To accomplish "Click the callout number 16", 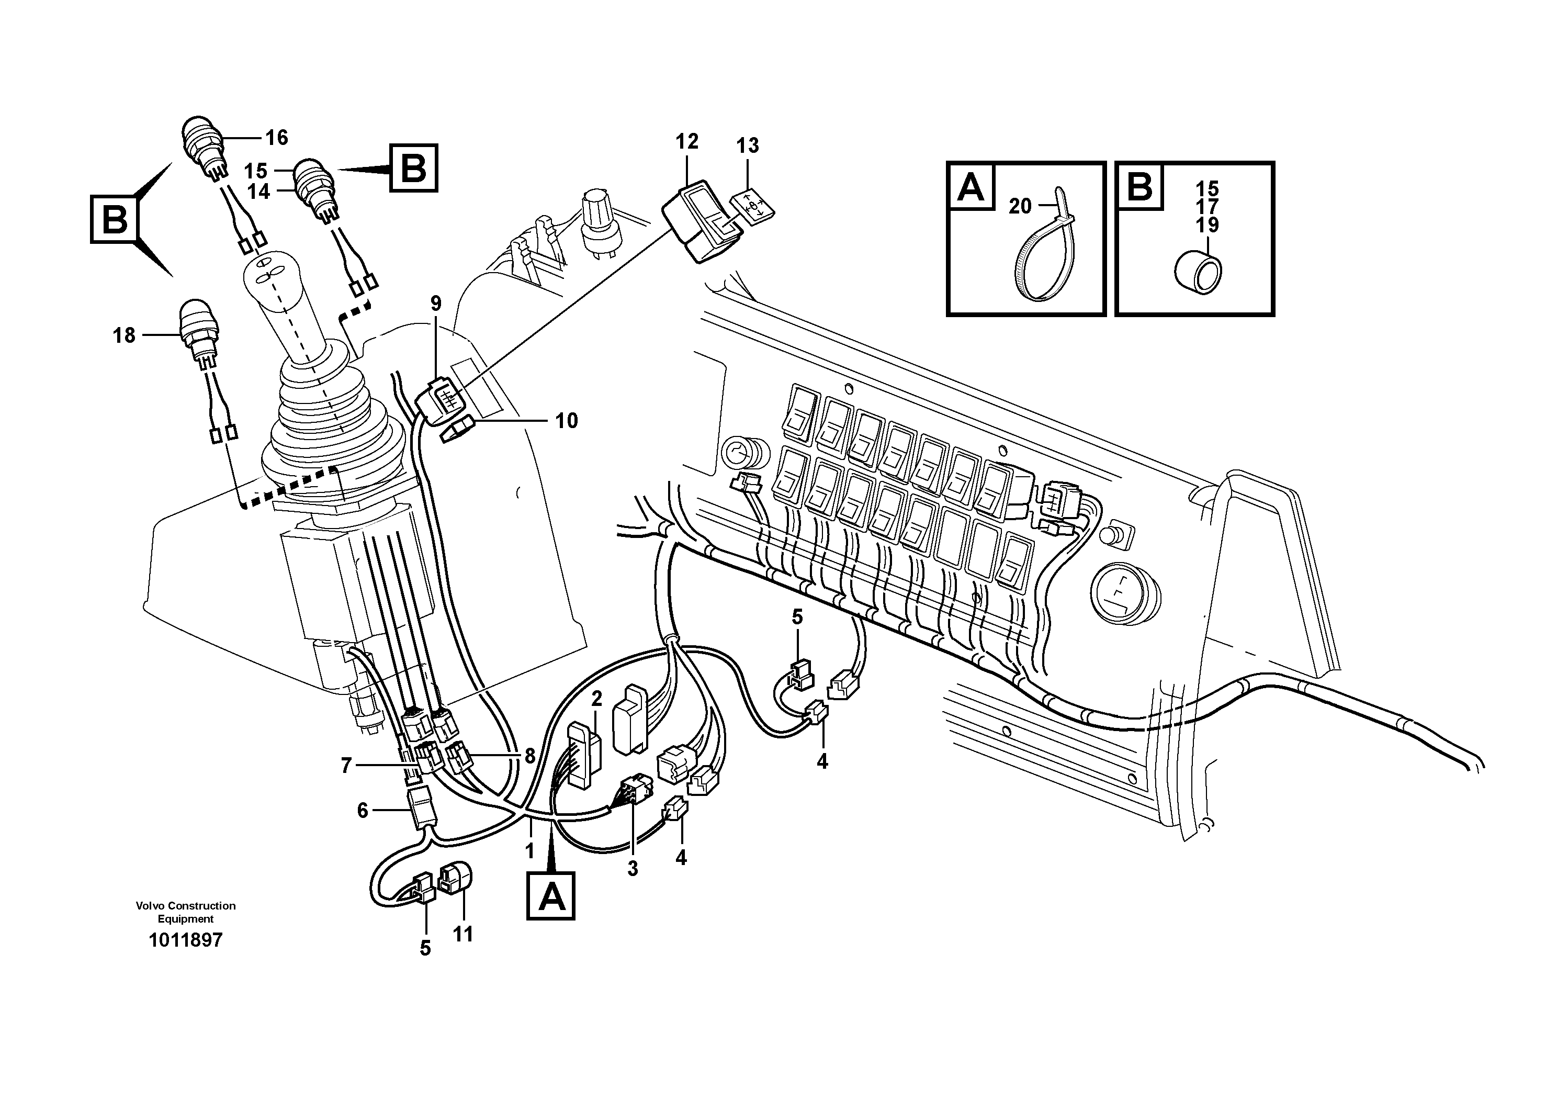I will point(276,138).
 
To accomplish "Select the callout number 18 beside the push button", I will point(124,335).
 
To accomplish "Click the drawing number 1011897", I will point(185,940).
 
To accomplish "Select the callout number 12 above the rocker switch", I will point(686,142).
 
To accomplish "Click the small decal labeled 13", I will point(753,204).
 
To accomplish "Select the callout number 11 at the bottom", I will point(462,935).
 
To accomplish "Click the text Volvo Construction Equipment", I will point(185,912).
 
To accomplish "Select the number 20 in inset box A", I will point(1019,206).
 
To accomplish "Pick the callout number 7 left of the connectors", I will point(346,766).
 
